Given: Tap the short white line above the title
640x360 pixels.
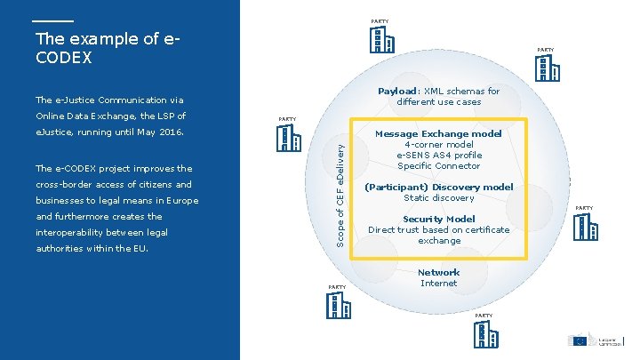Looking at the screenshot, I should [x=52, y=20].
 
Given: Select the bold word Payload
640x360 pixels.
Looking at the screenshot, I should [x=398, y=91].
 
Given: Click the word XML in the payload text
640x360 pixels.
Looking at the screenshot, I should [x=436, y=91].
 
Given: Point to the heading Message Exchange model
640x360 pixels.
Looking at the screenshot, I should [x=438, y=134].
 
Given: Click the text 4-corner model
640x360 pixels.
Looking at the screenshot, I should [x=438, y=145].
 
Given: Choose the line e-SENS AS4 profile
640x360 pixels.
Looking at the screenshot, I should [x=438, y=156].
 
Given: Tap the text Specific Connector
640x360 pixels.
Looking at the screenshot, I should [x=438, y=166].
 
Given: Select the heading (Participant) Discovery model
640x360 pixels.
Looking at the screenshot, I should [x=438, y=188].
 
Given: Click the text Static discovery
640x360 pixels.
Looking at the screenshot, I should [x=438, y=198].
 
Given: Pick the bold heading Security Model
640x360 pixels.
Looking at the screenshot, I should [x=438, y=220].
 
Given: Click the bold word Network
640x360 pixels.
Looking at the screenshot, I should [x=438, y=273].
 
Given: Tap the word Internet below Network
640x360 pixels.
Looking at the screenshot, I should [x=438, y=284].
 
